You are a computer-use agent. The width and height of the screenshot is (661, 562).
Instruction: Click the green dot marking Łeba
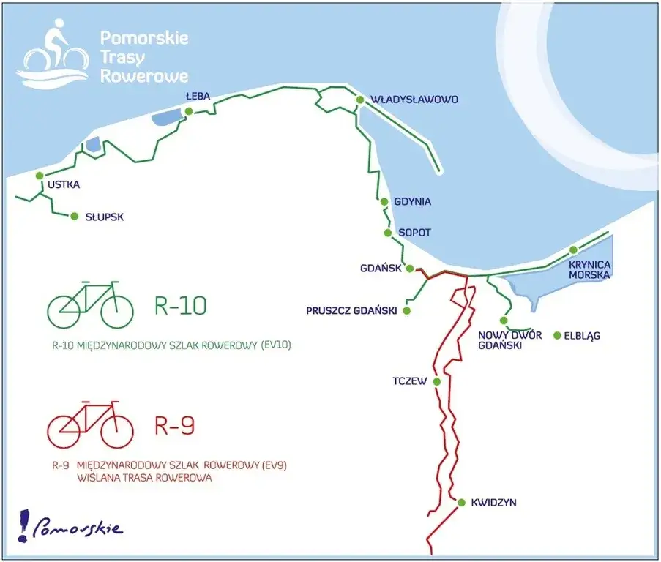coord(189,111)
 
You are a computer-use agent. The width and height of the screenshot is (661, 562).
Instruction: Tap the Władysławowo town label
coord(414,99)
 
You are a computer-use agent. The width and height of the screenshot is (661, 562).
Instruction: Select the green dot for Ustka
coord(40,175)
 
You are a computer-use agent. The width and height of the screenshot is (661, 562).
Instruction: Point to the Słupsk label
coord(105,217)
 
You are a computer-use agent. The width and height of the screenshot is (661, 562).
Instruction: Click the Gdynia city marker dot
coord(384,202)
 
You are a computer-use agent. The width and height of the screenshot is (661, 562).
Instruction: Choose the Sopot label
coord(414,233)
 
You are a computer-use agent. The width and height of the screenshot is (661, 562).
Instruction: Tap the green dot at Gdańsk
coord(410,268)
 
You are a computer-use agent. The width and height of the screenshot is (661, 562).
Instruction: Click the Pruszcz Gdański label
coord(351,311)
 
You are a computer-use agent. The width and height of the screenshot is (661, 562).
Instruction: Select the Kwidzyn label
coord(494,503)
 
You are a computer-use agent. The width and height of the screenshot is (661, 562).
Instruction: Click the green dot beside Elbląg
coord(557,336)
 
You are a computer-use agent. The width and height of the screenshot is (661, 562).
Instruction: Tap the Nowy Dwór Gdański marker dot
coord(504,321)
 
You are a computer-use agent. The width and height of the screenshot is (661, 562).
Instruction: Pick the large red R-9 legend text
coord(175,425)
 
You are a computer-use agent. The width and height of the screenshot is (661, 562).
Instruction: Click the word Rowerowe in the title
coord(143,75)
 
